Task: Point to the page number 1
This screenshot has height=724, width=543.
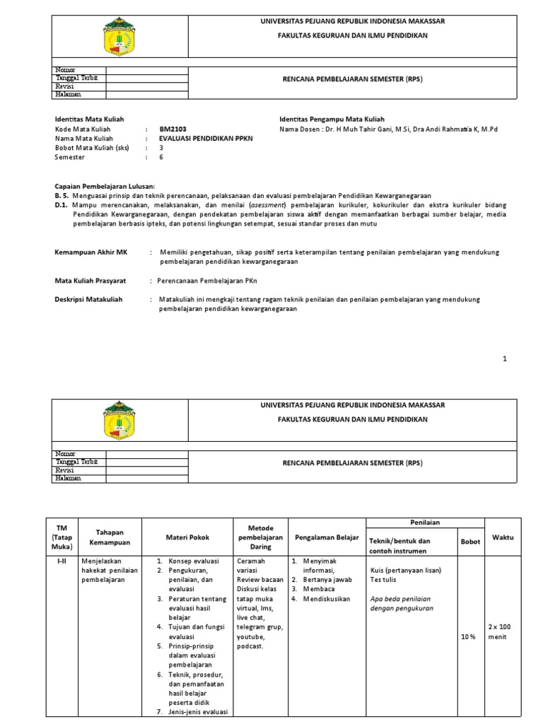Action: tap(505, 358)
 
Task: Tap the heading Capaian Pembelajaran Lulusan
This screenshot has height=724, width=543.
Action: tap(105, 186)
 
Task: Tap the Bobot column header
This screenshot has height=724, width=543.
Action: tap(470, 542)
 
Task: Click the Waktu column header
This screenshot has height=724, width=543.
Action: tap(503, 537)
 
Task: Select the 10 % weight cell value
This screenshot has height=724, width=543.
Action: tap(468, 636)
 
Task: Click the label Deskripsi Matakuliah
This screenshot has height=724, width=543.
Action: tap(88, 300)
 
